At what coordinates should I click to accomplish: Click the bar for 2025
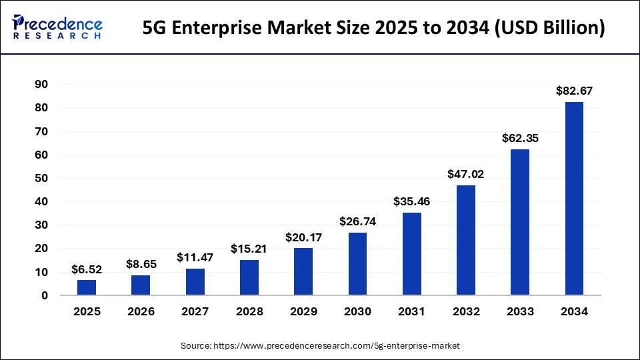(87, 287)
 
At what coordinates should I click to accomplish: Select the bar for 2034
(574, 198)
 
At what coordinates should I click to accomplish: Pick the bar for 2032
(466, 240)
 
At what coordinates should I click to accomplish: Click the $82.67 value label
(574, 91)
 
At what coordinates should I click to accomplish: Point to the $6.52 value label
(87, 269)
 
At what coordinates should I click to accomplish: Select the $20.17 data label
(303, 237)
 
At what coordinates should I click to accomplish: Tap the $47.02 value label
(466, 174)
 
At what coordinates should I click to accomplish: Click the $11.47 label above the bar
(195, 257)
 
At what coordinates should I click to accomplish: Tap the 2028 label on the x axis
(249, 311)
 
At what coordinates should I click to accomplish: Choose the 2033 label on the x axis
(520, 311)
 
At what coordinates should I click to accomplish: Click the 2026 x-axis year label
(141, 311)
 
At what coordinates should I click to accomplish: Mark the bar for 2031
(411, 254)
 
